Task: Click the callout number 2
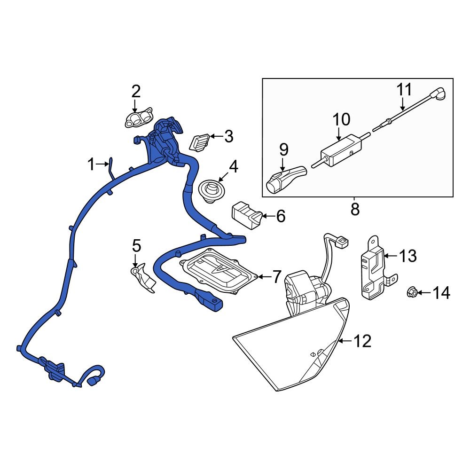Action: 135,91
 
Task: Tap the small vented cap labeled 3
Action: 199,141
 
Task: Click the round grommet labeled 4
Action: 210,192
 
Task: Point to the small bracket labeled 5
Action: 143,278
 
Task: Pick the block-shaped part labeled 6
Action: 246,215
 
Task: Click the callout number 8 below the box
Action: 355,209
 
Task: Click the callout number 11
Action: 404,89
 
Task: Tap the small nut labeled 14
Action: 410,293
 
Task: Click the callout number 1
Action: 91,165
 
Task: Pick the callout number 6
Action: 280,216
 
